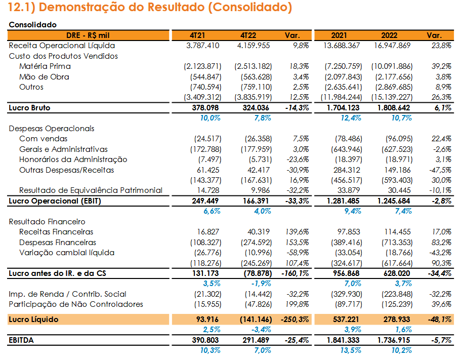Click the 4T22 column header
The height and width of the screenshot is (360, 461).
[x=248, y=35]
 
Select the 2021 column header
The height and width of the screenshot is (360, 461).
[x=339, y=35]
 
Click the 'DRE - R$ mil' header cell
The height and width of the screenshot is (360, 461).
[x=88, y=35]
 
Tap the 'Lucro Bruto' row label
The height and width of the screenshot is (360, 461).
[x=29, y=108]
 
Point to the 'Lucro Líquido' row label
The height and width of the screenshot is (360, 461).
[x=33, y=319]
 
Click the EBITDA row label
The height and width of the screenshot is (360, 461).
[x=21, y=340]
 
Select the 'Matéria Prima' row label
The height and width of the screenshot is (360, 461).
[x=45, y=66]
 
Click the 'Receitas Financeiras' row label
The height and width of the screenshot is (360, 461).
[x=56, y=232]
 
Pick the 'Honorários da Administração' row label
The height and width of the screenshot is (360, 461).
[x=73, y=159]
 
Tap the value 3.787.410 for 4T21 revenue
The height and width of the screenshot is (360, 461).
[x=203, y=46]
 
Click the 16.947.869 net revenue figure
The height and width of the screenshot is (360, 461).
[x=392, y=46]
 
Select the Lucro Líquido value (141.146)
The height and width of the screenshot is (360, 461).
[x=256, y=319]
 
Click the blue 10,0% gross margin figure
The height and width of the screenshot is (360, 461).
[x=210, y=118]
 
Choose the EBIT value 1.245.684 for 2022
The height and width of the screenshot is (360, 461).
[x=394, y=201]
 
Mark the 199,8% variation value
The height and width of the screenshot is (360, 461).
[x=297, y=304]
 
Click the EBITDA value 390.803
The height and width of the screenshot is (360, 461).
[x=205, y=340]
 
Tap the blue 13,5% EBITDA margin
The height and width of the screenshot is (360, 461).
[x=351, y=350]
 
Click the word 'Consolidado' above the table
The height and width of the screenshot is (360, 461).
[x=32, y=25]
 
